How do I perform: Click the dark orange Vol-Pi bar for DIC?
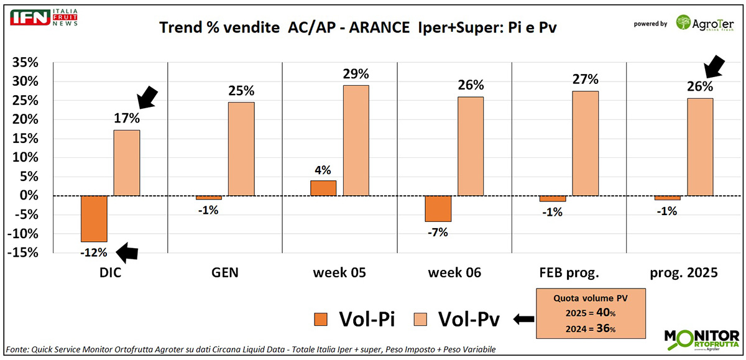pyautogui.click(x=94, y=218)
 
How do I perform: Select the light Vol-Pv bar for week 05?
pyautogui.click(x=356, y=140)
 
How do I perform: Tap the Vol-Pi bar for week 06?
pyautogui.click(x=438, y=208)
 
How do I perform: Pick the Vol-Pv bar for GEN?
pyautogui.click(x=241, y=149)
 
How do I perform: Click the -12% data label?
pyautogui.click(x=94, y=252)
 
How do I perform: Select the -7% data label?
pyautogui.click(x=438, y=233)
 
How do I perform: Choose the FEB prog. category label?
pyautogui.click(x=568, y=272)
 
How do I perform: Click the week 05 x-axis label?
pyautogui.click(x=339, y=272)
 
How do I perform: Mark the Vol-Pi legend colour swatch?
pyautogui.click(x=321, y=320)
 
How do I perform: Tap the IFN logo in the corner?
pyautogui.click(x=32, y=17)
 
